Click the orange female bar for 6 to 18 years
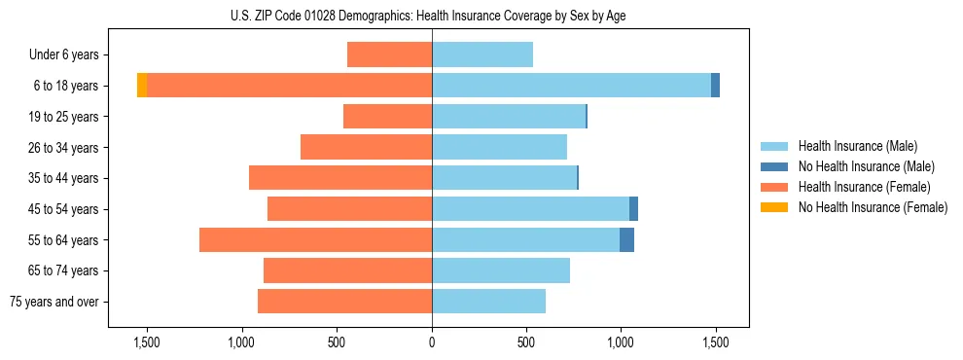[289, 86]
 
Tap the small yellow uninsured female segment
[142, 86]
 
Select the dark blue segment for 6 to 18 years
[715, 86]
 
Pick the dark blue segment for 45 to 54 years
[633, 209]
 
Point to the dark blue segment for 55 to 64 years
[626, 240]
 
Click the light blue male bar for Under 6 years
[482, 54]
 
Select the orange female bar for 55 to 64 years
[315, 240]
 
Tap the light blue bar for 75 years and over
[488, 302]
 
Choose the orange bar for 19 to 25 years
[387, 117]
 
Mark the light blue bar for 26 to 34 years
[499, 148]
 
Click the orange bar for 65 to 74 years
[347, 270]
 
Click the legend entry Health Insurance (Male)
[857, 146]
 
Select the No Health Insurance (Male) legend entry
[866, 166]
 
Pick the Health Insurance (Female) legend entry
[864, 187]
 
